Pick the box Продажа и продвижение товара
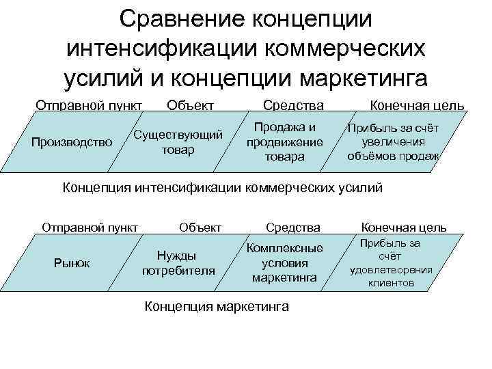pyautogui.click(x=284, y=142)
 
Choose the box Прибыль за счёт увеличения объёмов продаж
pyautogui.click(x=394, y=142)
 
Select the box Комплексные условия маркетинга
pyautogui.click(x=284, y=264)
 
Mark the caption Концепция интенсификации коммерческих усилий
pyautogui.click(x=223, y=187)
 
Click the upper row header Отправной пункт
pyautogui.click(x=89, y=106)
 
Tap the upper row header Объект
pyautogui.click(x=191, y=106)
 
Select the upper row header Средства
pyautogui.click(x=294, y=106)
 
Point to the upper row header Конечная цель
pyautogui.click(x=417, y=106)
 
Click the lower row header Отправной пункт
pyautogui.click(x=90, y=228)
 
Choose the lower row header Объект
pyautogui.click(x=200, y=228)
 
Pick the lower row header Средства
pyautogui.click(x=293, y=228)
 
